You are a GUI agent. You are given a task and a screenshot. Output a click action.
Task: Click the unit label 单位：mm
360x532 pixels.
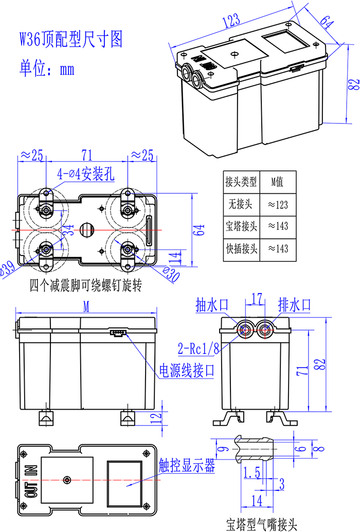47,68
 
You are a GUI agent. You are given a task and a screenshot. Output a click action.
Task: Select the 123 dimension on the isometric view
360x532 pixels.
232,21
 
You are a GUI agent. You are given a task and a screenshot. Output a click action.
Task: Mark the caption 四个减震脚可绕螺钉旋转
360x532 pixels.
85,284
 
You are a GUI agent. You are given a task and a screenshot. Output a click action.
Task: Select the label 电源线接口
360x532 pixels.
186,371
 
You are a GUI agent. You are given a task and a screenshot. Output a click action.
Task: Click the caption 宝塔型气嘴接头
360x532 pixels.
262,524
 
